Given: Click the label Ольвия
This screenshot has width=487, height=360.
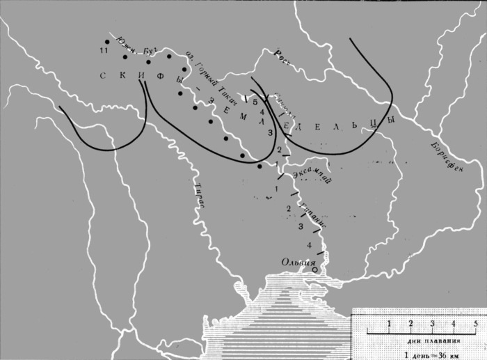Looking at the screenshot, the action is click(x=297, y=262).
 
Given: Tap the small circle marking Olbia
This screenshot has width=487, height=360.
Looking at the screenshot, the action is click(x=314, y=269).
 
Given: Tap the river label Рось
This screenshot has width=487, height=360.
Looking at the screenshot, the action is click(x=281, y=54).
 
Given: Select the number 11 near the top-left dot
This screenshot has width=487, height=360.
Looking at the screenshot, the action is click(x=103, y=52).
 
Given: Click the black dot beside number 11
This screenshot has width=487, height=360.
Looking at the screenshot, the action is click(x=106, y=41).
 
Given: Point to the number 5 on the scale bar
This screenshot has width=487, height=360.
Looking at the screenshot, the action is click(x=475, y=323).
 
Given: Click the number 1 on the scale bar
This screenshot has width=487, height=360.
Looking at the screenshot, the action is click(x=389, y=323).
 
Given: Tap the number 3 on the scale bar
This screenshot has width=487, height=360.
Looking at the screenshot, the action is click(x=432, y=323).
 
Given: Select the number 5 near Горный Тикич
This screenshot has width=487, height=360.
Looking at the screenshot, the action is click(x=255, y=102).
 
